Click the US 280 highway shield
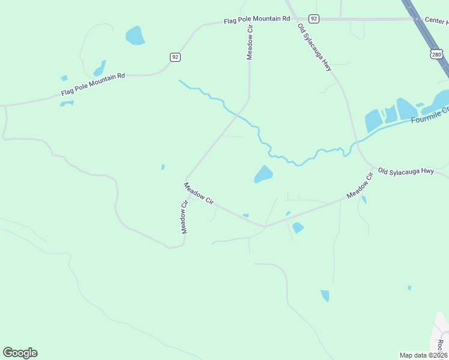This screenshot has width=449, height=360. pos(436,55)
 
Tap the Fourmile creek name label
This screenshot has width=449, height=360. pos(430,115)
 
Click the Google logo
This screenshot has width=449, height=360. pos(20,353)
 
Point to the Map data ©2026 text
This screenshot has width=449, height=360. pos(423,355)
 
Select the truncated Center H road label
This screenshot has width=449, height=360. pos(436,20)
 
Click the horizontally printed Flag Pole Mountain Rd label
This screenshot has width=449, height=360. pos(256,20)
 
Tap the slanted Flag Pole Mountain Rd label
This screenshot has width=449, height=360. pos(92,85)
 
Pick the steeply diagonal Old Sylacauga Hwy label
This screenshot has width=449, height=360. pos(315,48)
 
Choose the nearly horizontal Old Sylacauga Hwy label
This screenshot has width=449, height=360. pos(406,171)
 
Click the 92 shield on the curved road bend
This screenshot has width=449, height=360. pos(175,57)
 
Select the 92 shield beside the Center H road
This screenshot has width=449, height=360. pos(314,19)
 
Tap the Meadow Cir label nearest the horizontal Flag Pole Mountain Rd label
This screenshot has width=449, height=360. pos(250,46)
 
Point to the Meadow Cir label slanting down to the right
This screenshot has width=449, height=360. pos(199,194)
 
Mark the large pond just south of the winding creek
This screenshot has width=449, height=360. pos(263,175)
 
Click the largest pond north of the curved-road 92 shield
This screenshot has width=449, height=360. pos(134,36)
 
